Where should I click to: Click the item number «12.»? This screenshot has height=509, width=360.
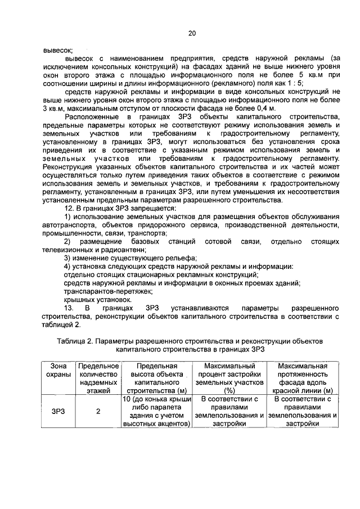(69, 209)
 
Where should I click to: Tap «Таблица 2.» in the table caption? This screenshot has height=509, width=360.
(75, 340)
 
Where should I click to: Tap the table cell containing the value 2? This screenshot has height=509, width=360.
(98, 411)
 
